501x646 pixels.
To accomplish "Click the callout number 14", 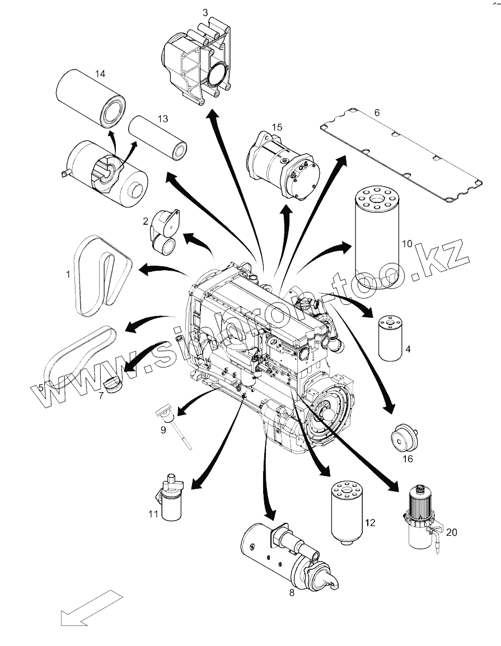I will (x=100, y=74).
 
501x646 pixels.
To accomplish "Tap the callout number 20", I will (x=451, y=532).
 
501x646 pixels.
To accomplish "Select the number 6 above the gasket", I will (x=377, y=112).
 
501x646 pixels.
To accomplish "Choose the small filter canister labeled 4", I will (x=390, y=338).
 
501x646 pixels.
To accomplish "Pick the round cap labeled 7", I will (x=113, y=385).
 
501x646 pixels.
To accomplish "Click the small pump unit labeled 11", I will (x=171, y=498).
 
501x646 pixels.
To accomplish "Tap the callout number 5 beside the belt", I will (x=41, y=386).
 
